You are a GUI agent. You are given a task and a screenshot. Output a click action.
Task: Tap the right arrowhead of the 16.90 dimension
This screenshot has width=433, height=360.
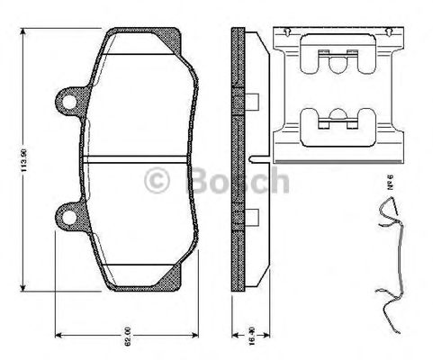(x=245, y=327)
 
